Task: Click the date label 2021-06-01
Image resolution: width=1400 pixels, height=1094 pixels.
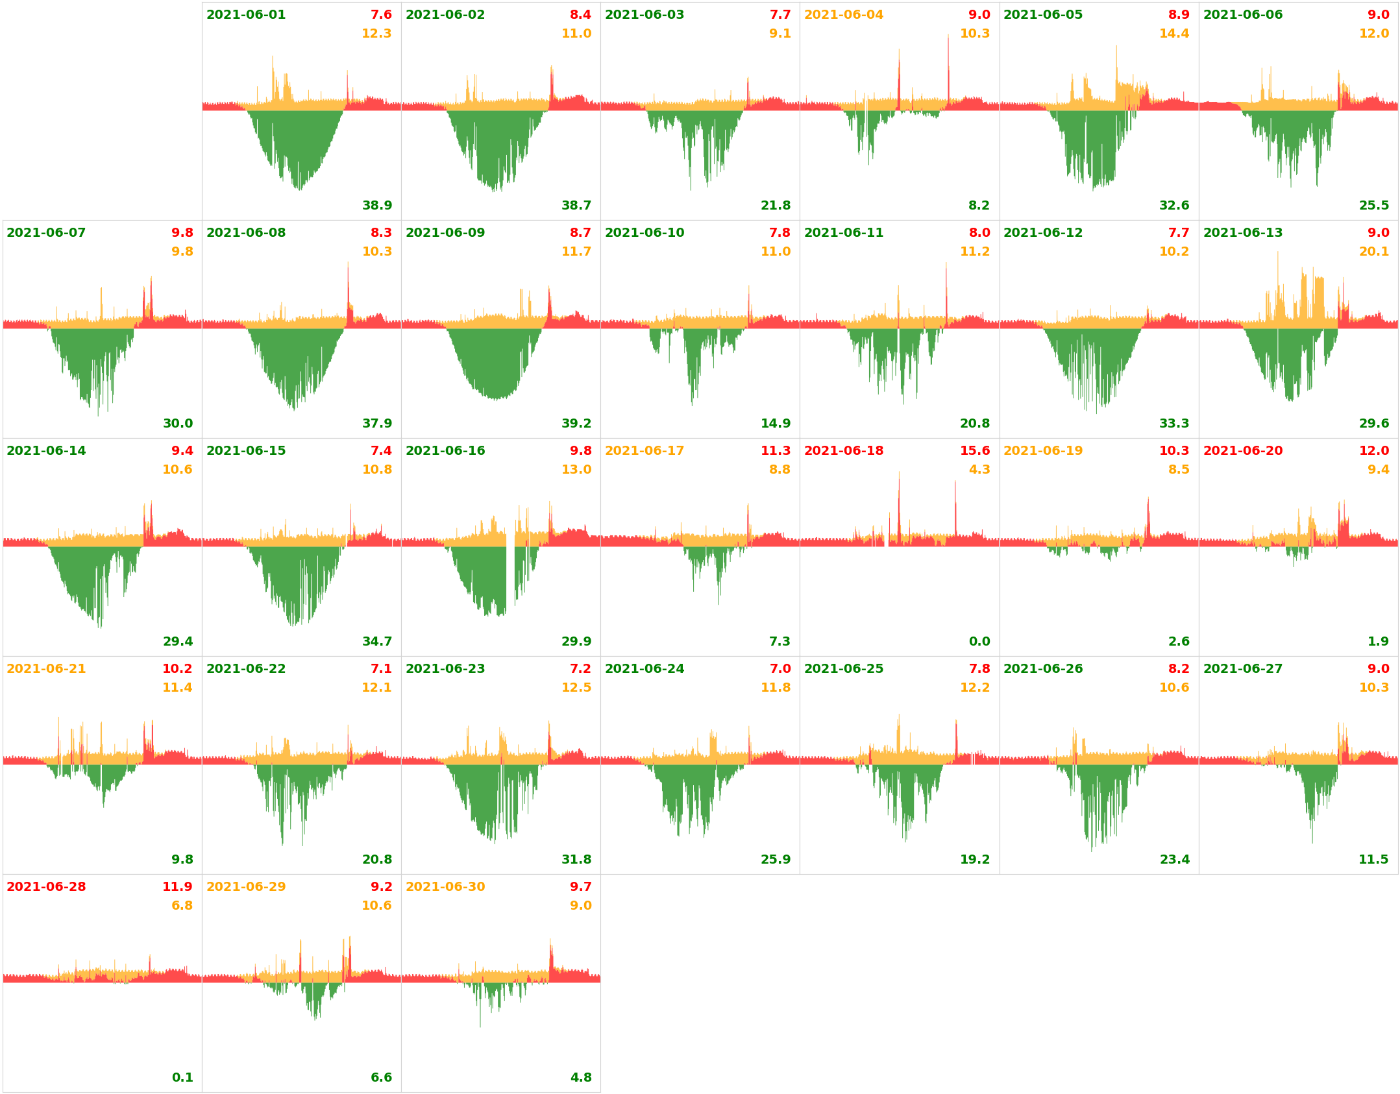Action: [x=245, y=15]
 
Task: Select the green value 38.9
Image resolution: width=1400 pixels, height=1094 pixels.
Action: [x=377, y=206]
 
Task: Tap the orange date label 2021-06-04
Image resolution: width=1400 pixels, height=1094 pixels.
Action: [x=843, y=15]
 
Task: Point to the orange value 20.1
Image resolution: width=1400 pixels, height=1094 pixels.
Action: [x=1373, y=252]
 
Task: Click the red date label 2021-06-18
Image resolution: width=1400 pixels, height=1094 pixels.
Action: [x=843, y=451]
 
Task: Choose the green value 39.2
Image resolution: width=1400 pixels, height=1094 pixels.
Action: [x=576, y=424]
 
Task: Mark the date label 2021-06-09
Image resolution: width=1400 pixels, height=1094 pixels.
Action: [x=445, y=233]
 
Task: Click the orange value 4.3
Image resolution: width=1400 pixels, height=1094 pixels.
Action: [x=979, y=470]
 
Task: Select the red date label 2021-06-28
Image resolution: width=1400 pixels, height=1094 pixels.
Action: [x=46, y=887]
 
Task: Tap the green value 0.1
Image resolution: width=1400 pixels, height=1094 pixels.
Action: [x=182, y=1078]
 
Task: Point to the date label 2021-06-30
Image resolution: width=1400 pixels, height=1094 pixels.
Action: [x=445, y=887]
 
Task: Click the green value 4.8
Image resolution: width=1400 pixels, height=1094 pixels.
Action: [x=580, y=1078]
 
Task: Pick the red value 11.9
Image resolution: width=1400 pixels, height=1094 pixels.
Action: [x=177, y=887]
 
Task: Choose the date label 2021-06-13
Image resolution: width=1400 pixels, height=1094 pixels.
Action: [x=1242, y=233]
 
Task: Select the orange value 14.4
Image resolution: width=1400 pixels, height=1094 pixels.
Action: [x=1173, y=34]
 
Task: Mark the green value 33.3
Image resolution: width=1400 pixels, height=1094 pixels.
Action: [x=1173, y=424]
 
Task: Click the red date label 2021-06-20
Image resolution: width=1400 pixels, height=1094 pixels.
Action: [x=1242, y=451]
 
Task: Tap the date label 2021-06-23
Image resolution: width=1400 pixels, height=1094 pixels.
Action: [x=445, y=669]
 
